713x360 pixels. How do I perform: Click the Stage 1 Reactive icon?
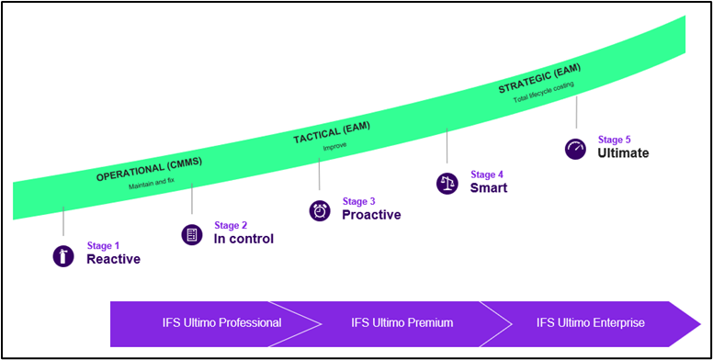(62, 256)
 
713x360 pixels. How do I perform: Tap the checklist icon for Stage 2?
(191, 234)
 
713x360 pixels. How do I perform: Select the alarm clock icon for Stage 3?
(320, 210)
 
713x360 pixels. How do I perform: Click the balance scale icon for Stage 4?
(447, 183)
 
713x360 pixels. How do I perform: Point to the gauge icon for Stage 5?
(575, 149)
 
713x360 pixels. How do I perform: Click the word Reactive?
(113, 259)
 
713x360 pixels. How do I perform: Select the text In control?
(243, 239)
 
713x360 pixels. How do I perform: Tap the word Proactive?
(371, 215)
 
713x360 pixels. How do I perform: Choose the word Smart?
(489, 187)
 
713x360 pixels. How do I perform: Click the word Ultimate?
(623, 153)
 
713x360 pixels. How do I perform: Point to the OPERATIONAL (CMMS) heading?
(149, 169)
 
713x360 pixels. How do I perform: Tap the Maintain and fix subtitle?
(152, 186)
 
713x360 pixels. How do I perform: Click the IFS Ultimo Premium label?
(402, 322)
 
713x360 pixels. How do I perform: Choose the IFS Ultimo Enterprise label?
(590, 322)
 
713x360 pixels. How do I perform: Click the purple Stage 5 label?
(614, 140)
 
